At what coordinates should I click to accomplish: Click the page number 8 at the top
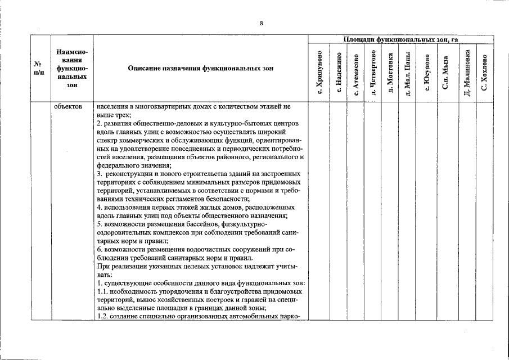click(x=262, y=23)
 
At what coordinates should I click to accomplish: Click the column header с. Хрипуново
click(x=319, y=73)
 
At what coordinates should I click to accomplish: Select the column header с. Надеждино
click(x=339, y=73)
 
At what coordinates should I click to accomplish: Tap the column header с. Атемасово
click(x=356, y=73)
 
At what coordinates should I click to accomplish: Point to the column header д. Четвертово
click(x=372, y=73)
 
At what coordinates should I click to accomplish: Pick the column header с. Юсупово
click(x=427, y=73)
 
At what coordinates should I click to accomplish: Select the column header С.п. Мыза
click(x=445, y=73)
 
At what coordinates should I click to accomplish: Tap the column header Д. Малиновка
click(x=466, y=73)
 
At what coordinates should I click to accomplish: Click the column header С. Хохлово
click(x=484, y=73)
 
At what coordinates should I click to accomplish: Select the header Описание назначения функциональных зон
click(x=201, y=68)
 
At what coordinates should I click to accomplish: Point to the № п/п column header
click(x=39, y=68)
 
